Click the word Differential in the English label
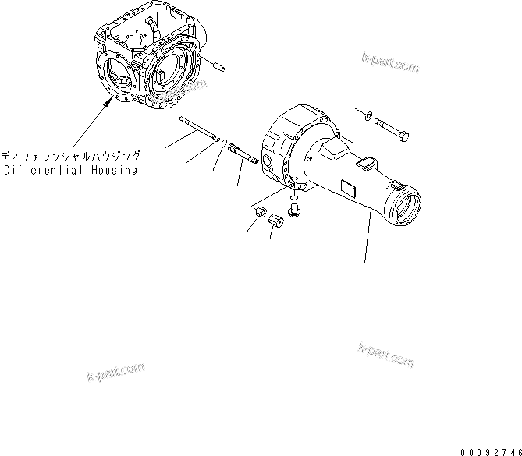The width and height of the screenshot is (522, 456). tap(41, 169)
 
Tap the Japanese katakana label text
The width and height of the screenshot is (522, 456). tap(69, 156)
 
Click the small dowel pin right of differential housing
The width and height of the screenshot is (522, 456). tap(217, 68)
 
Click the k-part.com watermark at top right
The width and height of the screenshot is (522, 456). tap(390, 63)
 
